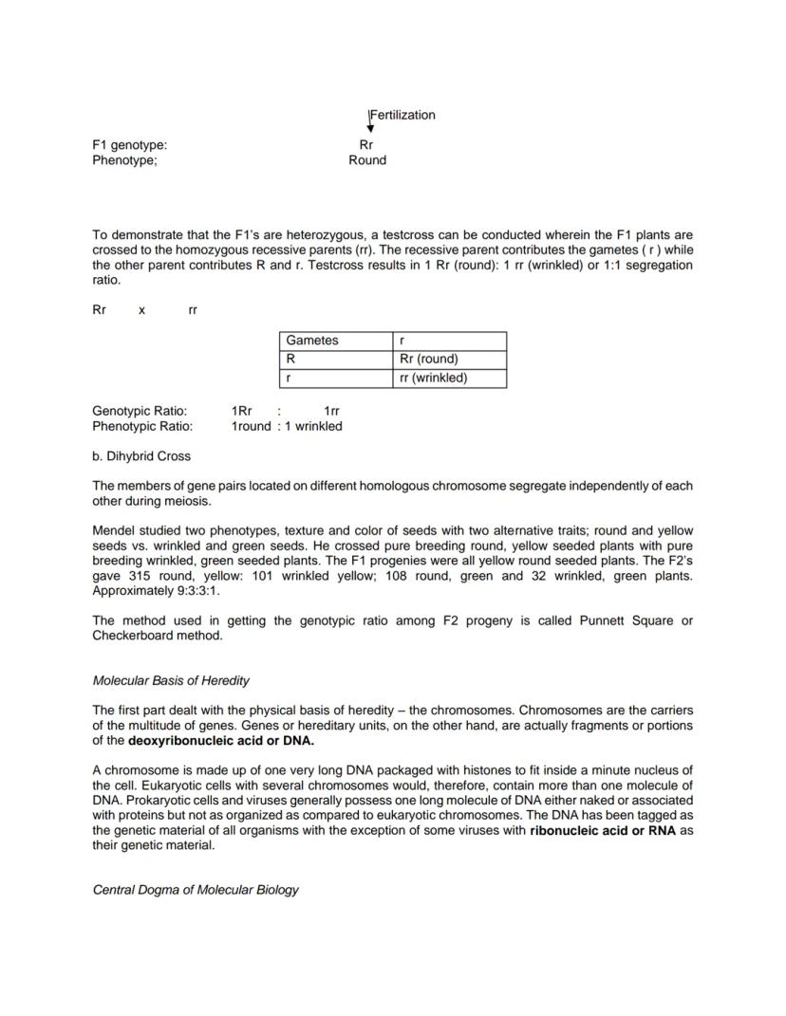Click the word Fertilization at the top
[402, 115]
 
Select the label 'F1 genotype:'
[130, 145]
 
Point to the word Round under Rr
[367, 160]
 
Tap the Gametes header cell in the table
[312, 341]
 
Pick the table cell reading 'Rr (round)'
[429, 359]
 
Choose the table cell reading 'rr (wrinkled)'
[434, 378]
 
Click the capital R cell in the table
[290, 359]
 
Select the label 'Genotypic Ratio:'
[140, 411]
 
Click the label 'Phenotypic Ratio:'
[142, 426]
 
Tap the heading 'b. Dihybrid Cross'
[141, 456]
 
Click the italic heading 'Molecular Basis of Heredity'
[171, 680]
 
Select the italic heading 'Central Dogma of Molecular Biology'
[196, 890]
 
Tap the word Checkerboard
[132, 636]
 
